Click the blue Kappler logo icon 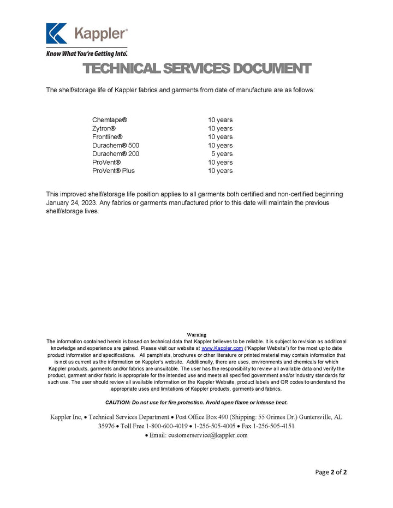(x=57, y=33)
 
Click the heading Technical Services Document (x=197, y=69)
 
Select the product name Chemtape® (x=110, y=120)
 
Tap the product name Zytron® (x=104, y=128)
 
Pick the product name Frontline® (x=108, y=137)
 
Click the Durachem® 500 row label (x=116, y=146)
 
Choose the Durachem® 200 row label (x=116, y=154)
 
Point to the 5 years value (x=222, y=154)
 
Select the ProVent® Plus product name (x=114, y=171)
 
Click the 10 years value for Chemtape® (x=220, y=120)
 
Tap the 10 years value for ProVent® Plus (x=220, y=171)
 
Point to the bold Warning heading (x=196, y=334)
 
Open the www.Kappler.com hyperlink (x=222, y=348)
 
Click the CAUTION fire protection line (x=196, y=402)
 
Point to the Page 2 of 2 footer (x=331, y=472)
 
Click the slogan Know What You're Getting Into (x=87, y=53)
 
